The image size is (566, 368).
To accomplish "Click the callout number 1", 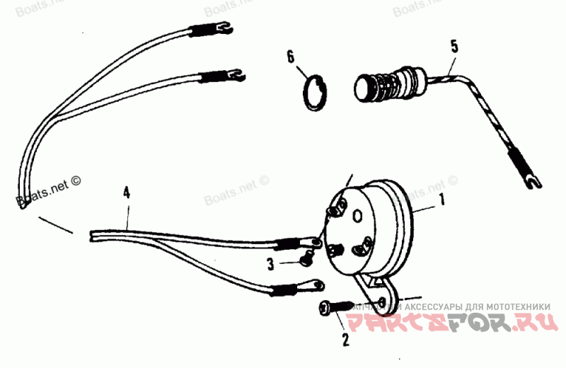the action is pyautogui.click(x=443, y=200).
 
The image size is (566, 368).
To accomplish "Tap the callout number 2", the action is pyautogui.click(x=346, y=340).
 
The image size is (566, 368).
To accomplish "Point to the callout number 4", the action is pyautogui.click(x=127, y=192).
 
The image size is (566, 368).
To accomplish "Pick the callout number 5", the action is pyautogui.click(x=454, y=47).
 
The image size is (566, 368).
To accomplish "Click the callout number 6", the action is pyautogui.click(x=291, y=56).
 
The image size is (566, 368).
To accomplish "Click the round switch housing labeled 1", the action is pyautogui.click(x=375, y=223).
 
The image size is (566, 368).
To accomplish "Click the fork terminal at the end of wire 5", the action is pyautogui.click(x=529, y=180).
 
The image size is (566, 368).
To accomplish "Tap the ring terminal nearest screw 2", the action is pyautogui.click(x=314, y=285).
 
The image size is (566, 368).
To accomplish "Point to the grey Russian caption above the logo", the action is pyautogui.click(x=453, y=306).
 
